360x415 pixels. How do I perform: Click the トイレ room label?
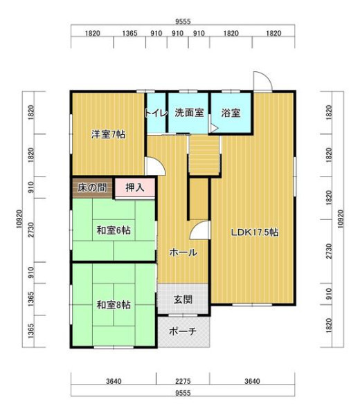(156, 113)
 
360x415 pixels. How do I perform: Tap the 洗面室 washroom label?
(189, 113)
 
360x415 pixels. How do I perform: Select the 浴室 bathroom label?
(231, 113)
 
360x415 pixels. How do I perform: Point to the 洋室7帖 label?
(108, 134)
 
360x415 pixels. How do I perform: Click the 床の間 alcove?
(93, 187)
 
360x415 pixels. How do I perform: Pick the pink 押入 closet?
(135, 187)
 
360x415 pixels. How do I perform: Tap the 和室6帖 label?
(114, 230)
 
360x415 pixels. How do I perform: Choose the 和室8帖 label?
(114, 305)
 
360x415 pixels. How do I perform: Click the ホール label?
(183, 252)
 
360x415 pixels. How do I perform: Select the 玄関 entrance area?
(183, 299)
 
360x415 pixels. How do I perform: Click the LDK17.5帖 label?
(255, 232)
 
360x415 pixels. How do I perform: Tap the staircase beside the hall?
(204, 155)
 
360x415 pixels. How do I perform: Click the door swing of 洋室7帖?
(159, 163)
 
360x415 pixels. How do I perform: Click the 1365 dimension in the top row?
(129, 33)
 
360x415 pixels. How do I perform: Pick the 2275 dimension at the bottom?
(183, 381)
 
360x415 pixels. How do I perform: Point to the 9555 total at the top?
(183, 21)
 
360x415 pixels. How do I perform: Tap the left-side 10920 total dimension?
(19, 219)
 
